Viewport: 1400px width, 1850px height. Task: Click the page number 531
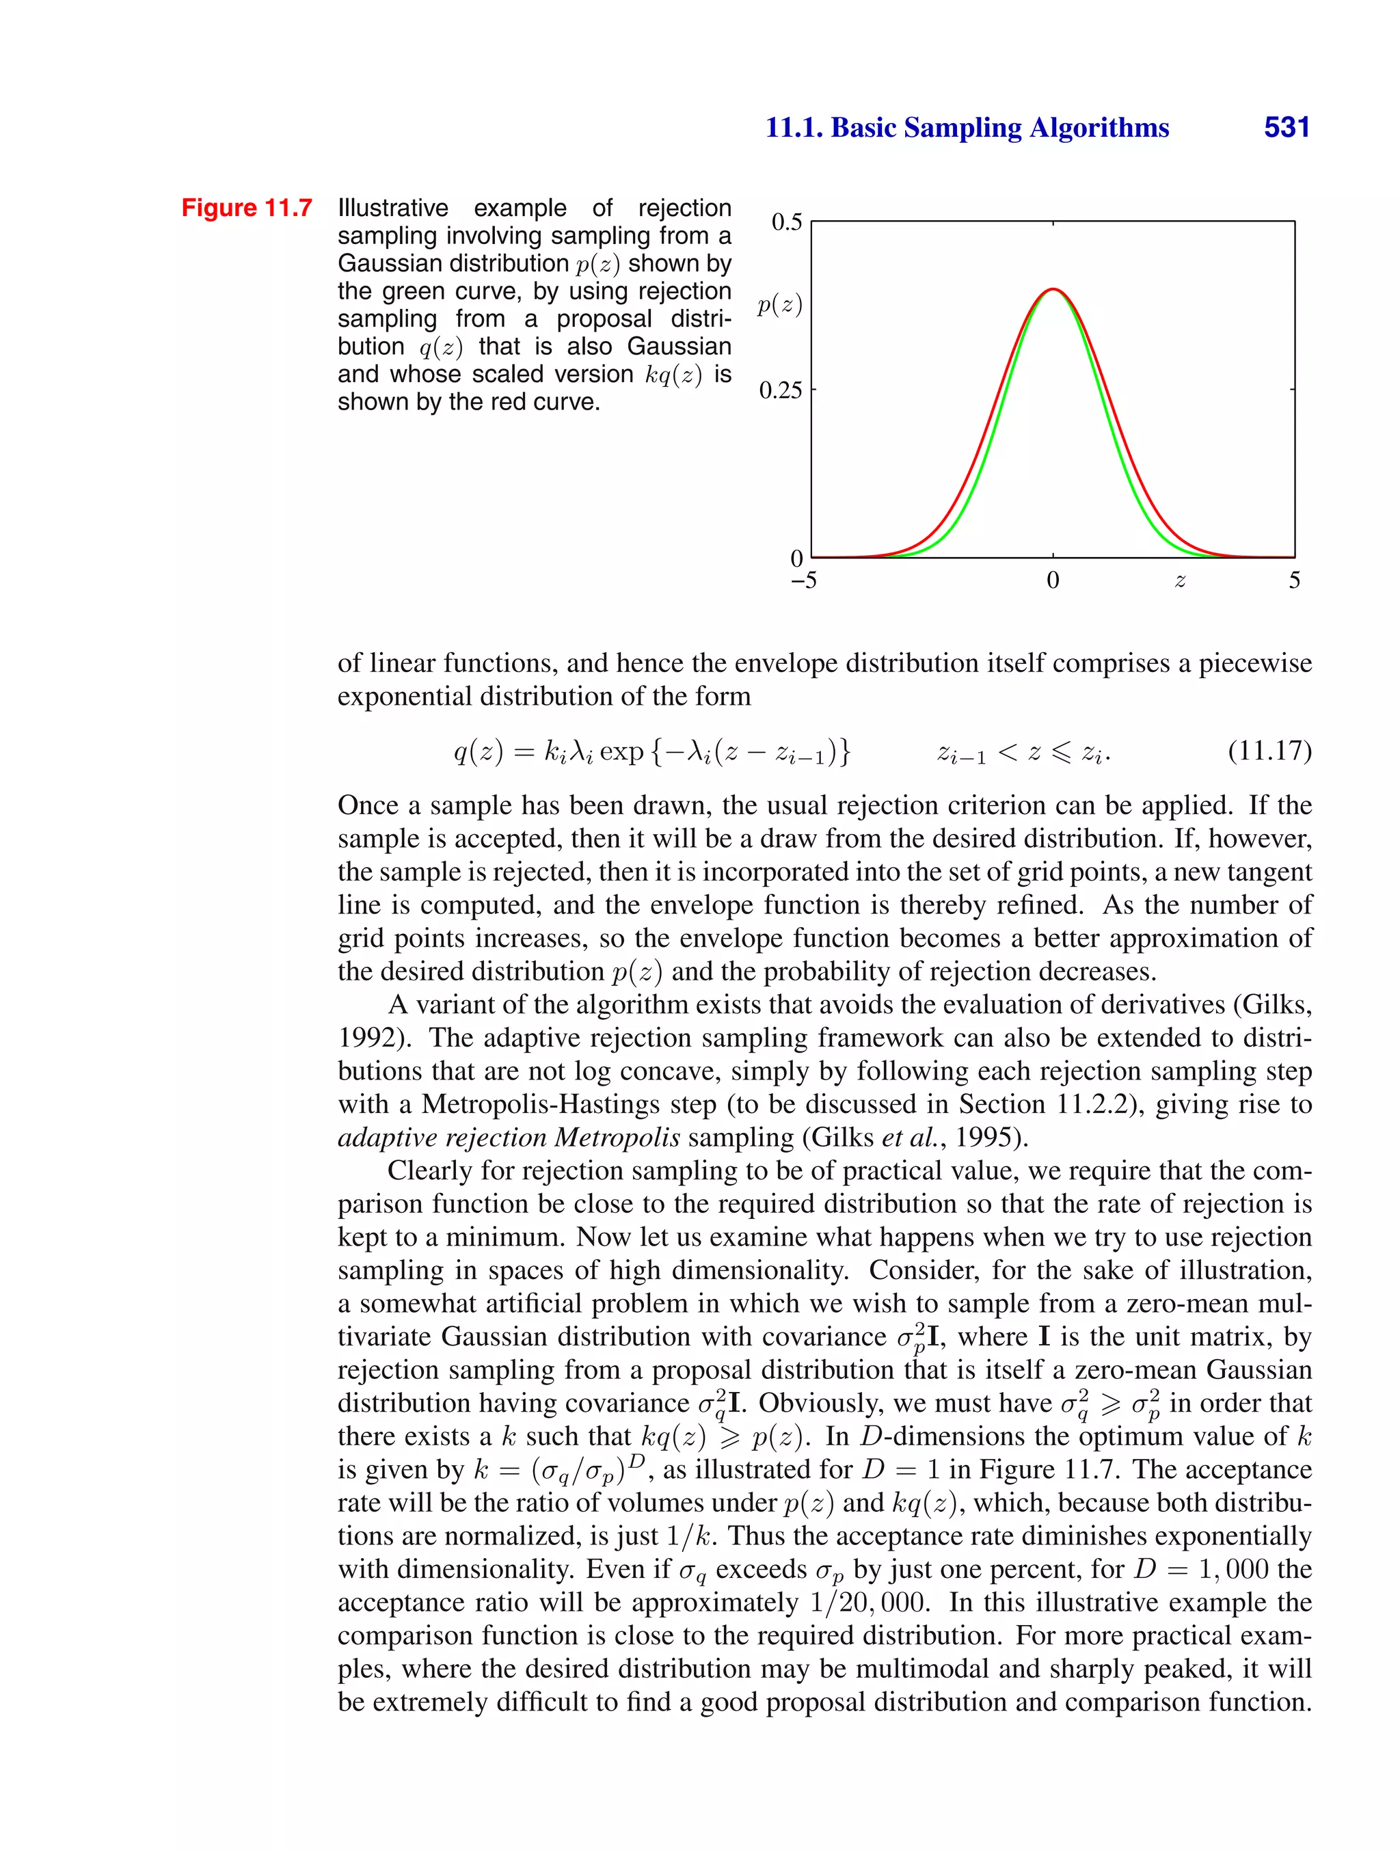tap(1287, 127)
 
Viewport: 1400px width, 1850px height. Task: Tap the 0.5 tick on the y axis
tap(786, 222)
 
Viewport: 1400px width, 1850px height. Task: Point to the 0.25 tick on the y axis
tap(780, 390)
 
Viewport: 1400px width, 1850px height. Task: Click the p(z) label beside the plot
tap(779, 306)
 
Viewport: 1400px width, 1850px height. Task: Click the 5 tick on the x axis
tap(1294, 580)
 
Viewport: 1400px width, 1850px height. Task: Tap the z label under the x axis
tap(1179, 580)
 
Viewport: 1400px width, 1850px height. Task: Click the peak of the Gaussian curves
tap(1053, 289)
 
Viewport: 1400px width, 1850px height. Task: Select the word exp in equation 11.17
tap(621, 752)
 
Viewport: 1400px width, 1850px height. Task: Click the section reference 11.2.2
tap(1092, 1104)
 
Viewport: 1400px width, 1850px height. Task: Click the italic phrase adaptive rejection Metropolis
tap(509, 1138)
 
